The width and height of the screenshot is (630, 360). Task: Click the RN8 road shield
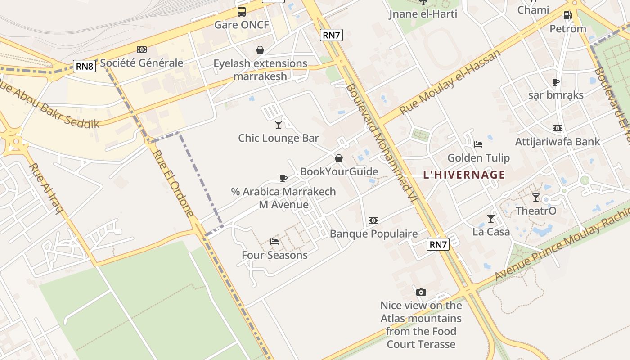(85, 67)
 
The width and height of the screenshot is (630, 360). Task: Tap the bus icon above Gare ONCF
(242, 12)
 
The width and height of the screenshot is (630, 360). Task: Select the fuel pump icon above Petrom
(568, 15)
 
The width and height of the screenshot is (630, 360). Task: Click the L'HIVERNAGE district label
(464, 175)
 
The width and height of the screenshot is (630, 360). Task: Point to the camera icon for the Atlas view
(421, 292)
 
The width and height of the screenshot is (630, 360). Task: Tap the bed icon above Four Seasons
(274, 242)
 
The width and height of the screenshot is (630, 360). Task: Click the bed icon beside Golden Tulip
(478, 144)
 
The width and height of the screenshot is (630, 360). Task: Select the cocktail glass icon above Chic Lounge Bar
(279, 124)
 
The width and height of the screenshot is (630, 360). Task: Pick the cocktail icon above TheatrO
(536, 197)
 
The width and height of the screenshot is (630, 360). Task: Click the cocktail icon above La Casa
(491, 219)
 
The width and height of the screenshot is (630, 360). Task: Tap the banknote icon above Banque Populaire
(373, 220)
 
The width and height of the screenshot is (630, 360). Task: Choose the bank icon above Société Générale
(142, 49)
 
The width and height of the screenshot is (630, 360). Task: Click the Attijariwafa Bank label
(557, 142)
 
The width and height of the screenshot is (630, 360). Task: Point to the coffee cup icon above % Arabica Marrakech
(283, 178)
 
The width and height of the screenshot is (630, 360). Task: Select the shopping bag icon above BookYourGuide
(339, 158)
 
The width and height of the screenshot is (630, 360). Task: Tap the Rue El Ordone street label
(173, 183)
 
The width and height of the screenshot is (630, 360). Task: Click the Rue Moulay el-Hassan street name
(450, 82)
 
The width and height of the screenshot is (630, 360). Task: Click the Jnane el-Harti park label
(423, 14)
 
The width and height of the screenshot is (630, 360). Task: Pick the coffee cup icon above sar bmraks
(556, 82)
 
